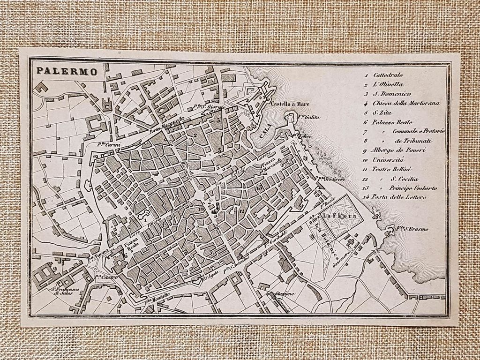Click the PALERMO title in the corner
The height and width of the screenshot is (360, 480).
[67, 72]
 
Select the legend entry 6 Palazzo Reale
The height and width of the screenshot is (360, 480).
[390, 122]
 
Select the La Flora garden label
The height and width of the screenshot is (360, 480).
[335, 216]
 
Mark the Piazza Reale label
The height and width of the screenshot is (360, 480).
[131, 246]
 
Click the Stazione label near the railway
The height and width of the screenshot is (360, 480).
[285, 294]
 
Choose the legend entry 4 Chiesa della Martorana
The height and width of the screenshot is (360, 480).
[406, 103]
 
